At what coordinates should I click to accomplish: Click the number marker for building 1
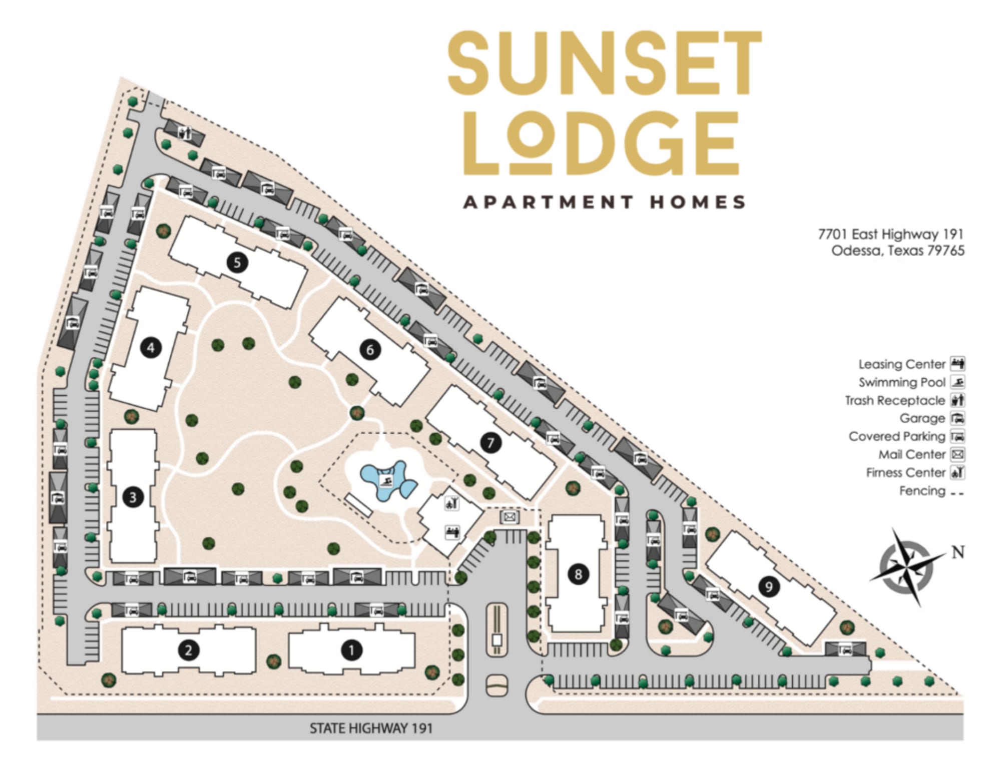[351, 650]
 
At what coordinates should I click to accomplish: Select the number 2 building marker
[189, 650]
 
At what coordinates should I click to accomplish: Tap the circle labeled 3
[133, 497]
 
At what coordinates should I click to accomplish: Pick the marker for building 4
[151, 347]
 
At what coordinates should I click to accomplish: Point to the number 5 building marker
[237, 262]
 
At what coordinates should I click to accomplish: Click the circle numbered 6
[370, 349]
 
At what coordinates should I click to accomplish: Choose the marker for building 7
[490, 443]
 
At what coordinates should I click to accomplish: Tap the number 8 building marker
[578, 574]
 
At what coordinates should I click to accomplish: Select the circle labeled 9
[769, 586]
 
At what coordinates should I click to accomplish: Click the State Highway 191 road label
[371, 728]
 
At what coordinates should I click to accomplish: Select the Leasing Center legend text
[902, 364]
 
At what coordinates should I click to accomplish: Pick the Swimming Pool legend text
[902, 382]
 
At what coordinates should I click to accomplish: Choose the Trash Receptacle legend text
[895, 400]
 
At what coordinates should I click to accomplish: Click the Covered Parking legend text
[897, 436]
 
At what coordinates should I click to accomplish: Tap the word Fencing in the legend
[922, 491]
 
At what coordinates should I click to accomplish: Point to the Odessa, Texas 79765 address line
[897, 250]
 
